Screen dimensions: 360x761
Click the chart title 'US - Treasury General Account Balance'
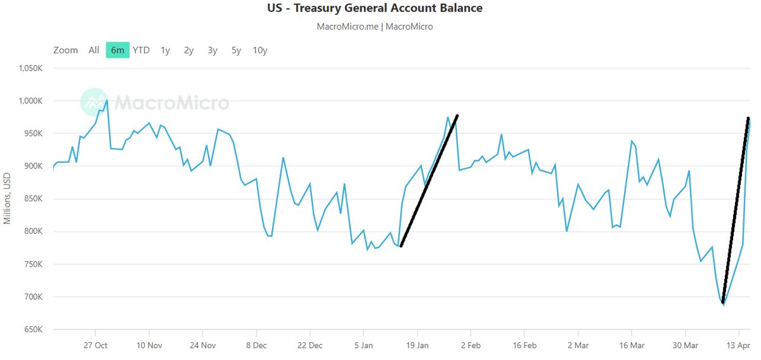[374, 8]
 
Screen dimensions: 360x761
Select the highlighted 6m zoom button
[117, 50]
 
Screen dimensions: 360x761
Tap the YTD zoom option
[141, 50]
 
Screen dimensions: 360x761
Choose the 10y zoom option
[259, 50]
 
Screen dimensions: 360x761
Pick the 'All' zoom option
[94, 50]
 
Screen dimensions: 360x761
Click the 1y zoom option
[165, 50]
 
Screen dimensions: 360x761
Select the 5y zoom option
[236, 50]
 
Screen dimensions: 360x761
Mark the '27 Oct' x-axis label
[95, 346]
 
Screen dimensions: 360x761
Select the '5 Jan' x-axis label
[363, 346]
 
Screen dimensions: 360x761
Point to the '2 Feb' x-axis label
[471, 346]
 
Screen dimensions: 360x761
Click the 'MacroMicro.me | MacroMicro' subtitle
[374, 27]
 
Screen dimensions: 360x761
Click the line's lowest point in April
[723, 305]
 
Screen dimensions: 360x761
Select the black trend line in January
[429, 181]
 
